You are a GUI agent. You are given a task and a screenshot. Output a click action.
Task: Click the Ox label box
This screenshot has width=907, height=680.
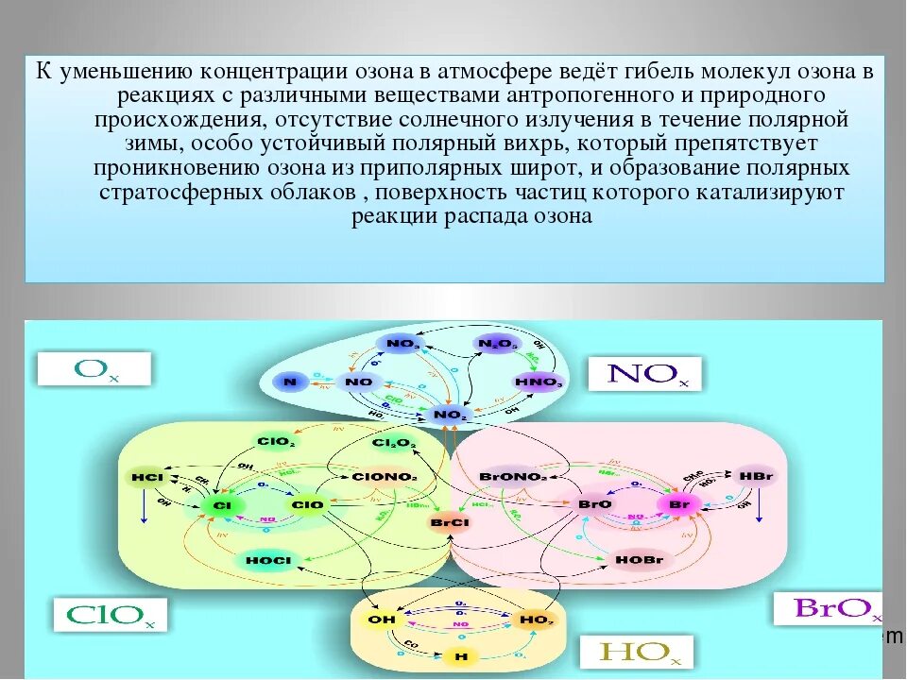[x=94, y=368]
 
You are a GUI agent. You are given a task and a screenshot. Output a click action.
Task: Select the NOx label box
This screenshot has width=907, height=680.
[x=643, y=373]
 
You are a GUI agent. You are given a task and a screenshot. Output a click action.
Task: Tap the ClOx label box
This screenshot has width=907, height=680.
[x=111, y=614]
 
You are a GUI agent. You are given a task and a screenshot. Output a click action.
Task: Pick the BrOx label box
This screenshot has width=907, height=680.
[x=828, y=607]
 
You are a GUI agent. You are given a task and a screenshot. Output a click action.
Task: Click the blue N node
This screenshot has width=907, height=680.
[x=289, y=382]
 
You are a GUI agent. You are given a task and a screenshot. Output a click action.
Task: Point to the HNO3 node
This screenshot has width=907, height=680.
[x=539, y=382]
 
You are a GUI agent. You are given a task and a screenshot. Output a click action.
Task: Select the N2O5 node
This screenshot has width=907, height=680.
[x=497, y=345]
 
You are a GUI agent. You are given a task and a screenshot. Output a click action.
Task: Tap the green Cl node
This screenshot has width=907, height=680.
[x=223, y=505]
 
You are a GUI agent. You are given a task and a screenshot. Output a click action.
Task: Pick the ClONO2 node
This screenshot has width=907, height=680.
[x=384, y=477]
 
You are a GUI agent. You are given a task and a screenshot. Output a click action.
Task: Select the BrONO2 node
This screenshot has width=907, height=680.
[x=513, y=477]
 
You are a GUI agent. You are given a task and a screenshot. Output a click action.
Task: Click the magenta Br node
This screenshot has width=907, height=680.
[x=676, y=505]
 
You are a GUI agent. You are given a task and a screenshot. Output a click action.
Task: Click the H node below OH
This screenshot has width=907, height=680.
[x=460, y=655]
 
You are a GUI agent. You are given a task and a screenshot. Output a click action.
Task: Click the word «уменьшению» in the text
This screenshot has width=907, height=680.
[x=127, y=72]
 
